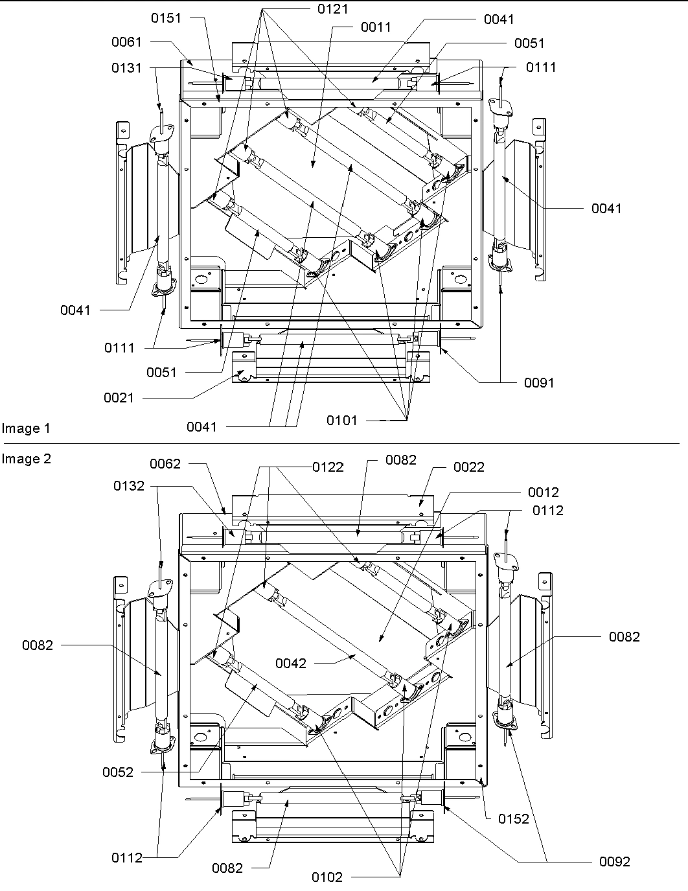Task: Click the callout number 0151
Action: pos(166,17)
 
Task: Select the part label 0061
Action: pos(126,42)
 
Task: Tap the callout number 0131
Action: pos(126,67)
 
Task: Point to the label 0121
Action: pos(333,9)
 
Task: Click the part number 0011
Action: pos(376,27)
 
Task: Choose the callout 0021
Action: pos(119,397)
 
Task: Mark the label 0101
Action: pos(341,420)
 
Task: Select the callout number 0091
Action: pos(539,382)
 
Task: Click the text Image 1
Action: pos(26,428)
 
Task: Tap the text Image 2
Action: pos(26,459)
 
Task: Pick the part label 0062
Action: pos(165,464)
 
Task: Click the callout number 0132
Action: pos(129,485)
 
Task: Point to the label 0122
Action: pos(328,467)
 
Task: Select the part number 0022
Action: pos(469,467)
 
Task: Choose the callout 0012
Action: pos(543,492)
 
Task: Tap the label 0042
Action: pos(291,663)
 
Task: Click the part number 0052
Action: pos(118,772)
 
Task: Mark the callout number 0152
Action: pos(514,818)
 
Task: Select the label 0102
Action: pos(327,877)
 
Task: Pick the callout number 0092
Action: pos(614,861)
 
